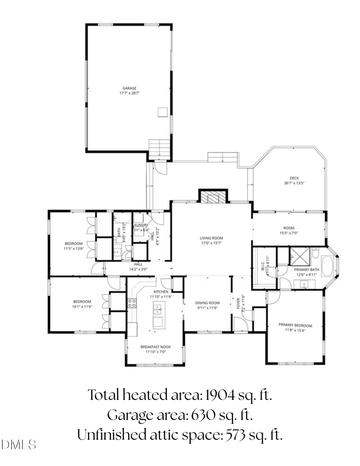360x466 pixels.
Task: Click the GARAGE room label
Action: pos(129,88)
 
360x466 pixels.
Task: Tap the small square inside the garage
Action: pos(162,112)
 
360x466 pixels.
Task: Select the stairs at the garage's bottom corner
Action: pos(160,148)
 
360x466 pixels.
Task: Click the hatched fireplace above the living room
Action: pos(213,196)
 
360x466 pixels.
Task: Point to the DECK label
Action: pos(294,178)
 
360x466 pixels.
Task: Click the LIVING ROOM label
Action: pos(211,238)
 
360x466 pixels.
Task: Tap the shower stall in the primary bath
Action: pos(300,256)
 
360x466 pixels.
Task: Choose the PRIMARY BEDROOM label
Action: pos(295,325)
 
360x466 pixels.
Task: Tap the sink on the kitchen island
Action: pos(158,308)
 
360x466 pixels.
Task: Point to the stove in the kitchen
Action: pos(132,303)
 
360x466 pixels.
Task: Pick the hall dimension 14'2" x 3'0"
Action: pos(138,270)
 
